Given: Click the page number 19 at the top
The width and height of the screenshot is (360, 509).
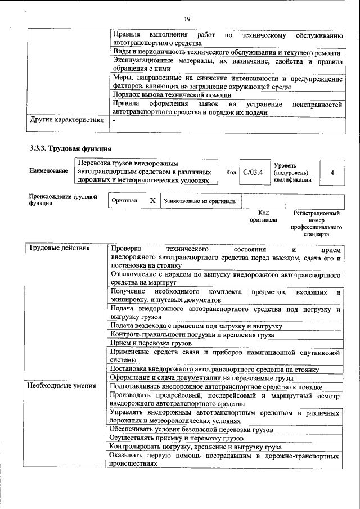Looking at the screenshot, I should tap(187, 19).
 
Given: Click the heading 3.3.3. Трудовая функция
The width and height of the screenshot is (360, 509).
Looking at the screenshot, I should tap(70, 149).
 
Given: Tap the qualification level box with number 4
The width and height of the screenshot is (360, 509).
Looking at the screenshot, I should tap(332, 172).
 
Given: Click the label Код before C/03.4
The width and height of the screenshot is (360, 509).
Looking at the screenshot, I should tap(231, 172).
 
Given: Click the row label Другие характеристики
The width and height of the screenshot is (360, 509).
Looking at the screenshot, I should tap(66, 120).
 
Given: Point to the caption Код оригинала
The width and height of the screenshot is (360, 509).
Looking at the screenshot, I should tap(263, 217).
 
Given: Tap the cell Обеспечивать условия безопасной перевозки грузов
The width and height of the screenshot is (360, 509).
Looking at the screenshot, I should tap(192, 429).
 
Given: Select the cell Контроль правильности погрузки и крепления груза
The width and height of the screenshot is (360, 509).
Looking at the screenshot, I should tap(192, 335).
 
